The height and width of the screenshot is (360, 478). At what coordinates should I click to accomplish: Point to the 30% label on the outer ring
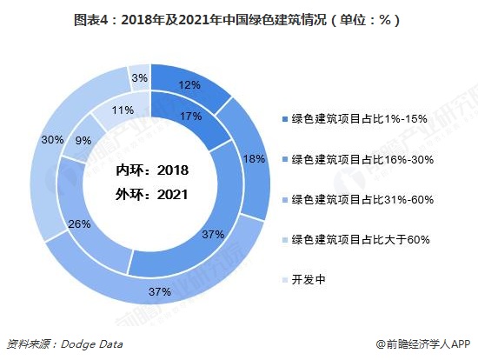[51, 140]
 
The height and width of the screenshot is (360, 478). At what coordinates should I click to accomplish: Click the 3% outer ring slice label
[139, 77]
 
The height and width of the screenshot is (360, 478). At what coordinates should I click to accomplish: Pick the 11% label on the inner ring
[123, 110]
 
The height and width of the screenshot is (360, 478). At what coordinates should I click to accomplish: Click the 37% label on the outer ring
[159, 291]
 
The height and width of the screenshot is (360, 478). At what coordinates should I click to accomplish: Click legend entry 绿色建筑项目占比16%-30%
[357, 159]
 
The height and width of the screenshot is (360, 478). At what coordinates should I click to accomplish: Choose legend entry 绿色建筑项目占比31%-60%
[357, 199]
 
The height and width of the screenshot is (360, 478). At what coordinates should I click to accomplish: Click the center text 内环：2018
[152, 170]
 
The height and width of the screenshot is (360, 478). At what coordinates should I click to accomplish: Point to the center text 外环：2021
[152, 195]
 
